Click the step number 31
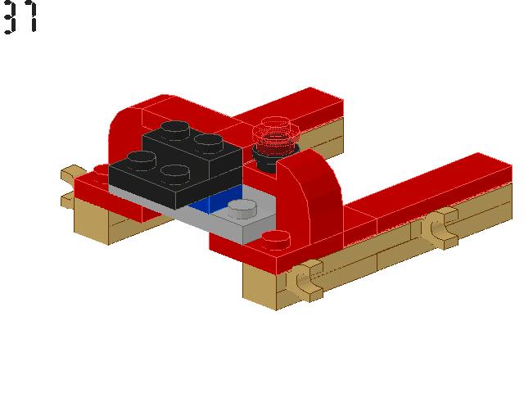tap(20, 17)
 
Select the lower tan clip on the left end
tap(67, 199)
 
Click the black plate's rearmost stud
tap(178, 128)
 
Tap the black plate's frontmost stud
tap(174, 172)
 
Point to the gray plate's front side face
tap(237, 230)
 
